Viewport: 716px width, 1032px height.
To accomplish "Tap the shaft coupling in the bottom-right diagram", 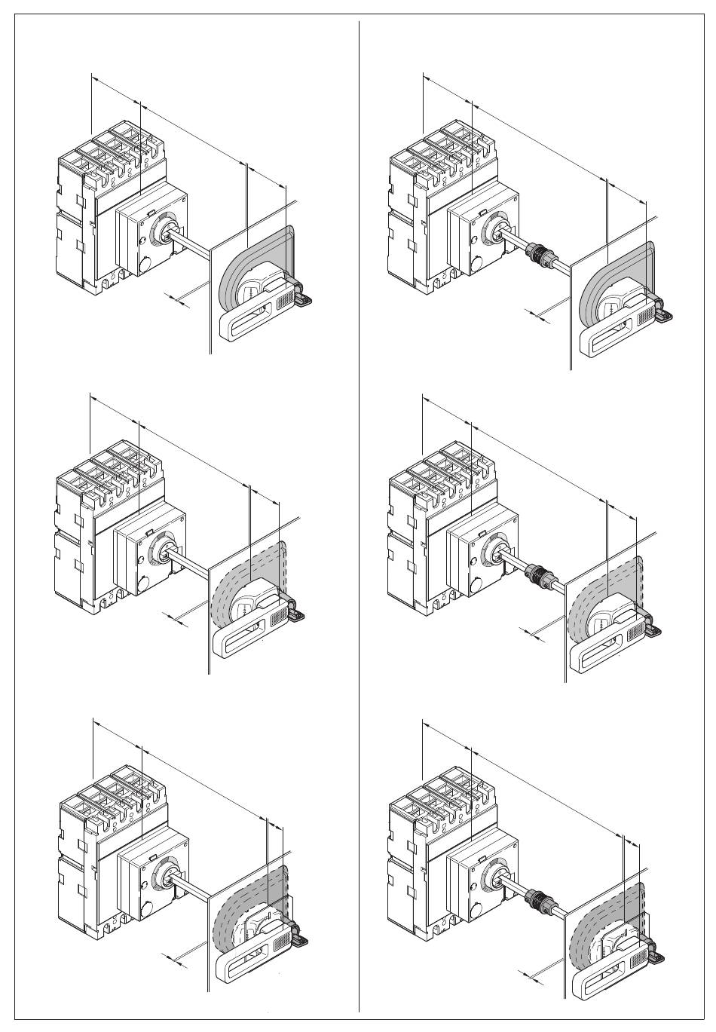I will [536, 899].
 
